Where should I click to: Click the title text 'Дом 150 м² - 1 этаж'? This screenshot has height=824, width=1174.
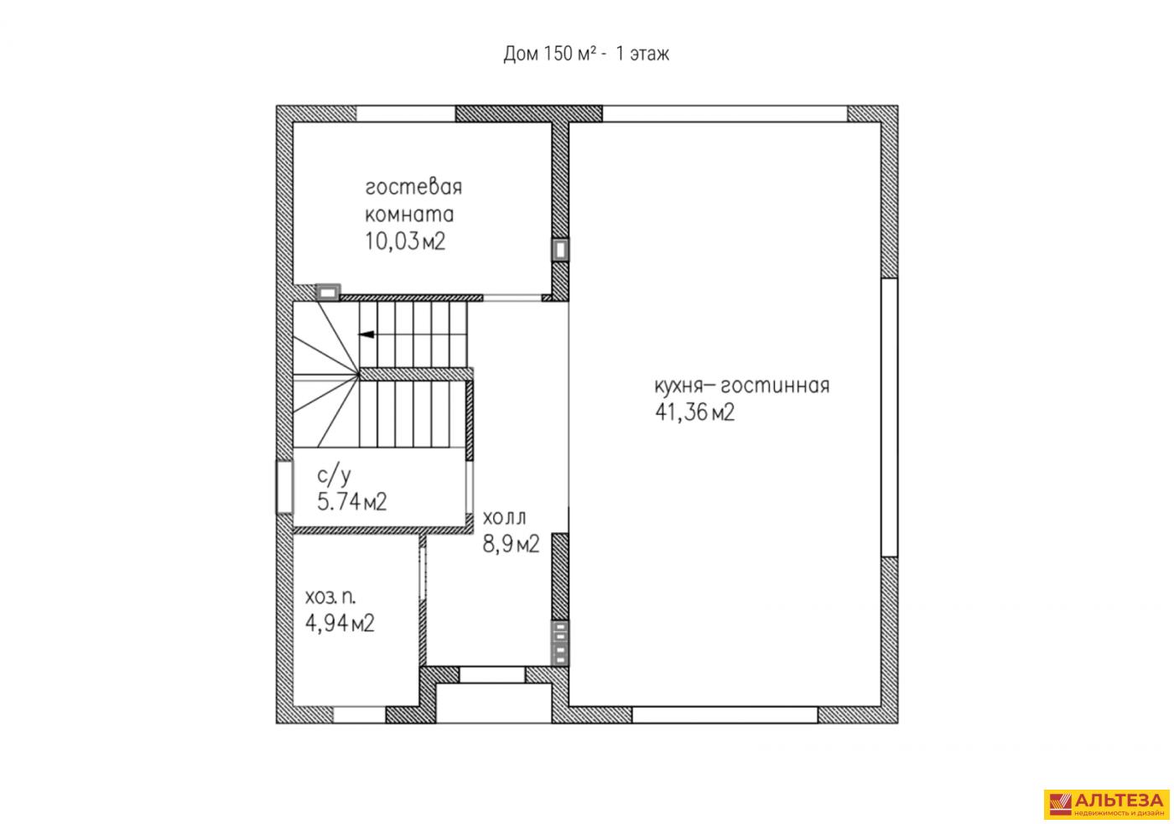click(x=586, y=54)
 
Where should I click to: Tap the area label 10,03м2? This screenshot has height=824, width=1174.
click(x=404, y=241)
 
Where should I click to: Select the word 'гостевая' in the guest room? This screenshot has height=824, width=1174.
click(x=413, y=187)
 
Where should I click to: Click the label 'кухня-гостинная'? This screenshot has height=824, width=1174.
click(x=741, y=386)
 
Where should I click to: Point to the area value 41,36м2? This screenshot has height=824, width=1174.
click(x=694, y=412)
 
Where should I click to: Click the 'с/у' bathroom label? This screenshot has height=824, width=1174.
click(x=334, y=475)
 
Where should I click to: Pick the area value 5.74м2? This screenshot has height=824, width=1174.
click(x=351, y=502)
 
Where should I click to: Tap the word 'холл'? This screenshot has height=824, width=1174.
click(x=504, y=518)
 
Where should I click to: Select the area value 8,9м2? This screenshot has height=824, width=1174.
click(x=511, y=544)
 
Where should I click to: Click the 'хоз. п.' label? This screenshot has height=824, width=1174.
click(x=330, y=597)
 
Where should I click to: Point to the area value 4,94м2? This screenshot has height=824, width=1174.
click(x=340, y=624)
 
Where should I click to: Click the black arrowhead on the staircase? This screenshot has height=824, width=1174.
click(x=366, y=334)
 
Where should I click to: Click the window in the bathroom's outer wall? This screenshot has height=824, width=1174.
click(x=284, y=487)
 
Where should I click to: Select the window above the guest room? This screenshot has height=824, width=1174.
click(x=406, y=114)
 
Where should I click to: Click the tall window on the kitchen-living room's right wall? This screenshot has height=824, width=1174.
click(x=890, y=417)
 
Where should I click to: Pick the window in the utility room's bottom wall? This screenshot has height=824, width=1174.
click(x=360, y=714)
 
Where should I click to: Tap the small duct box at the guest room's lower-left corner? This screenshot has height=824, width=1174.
click(x=328, y=293)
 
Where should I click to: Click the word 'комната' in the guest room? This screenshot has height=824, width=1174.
click(x=409, y=215)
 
